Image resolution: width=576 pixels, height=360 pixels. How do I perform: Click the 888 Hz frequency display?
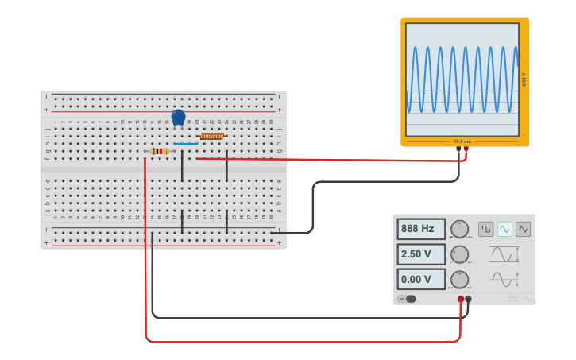421,229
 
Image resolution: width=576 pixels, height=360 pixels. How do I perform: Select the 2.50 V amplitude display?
421,254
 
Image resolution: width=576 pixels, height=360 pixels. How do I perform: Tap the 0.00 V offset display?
421,280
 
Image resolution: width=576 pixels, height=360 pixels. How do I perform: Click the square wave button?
485,229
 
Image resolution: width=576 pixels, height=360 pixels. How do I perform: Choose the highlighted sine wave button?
504,229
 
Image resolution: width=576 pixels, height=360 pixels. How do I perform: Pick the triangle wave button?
523,229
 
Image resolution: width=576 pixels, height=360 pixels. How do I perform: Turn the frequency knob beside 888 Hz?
459,229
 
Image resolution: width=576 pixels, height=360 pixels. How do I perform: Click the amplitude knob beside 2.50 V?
459,254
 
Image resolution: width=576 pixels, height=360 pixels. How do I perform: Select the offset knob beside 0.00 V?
459,280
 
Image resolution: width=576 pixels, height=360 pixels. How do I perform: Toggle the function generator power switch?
408,299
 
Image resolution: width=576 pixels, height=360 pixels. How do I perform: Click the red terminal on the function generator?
461,299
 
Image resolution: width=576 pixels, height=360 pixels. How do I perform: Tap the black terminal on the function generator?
469,299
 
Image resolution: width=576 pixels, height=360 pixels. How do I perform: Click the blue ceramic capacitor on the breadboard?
178,118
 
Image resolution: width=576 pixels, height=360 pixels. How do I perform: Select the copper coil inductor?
211,136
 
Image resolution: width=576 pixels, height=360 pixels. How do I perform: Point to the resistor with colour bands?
160,151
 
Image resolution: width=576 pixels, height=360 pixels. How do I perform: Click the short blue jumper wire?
185,144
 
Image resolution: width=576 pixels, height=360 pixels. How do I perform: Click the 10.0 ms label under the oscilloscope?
462,141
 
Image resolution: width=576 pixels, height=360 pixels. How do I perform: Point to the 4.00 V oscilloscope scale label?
524,79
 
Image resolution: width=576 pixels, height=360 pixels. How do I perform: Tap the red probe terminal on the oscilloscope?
466,149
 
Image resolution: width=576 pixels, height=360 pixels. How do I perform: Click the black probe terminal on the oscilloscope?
458,149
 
